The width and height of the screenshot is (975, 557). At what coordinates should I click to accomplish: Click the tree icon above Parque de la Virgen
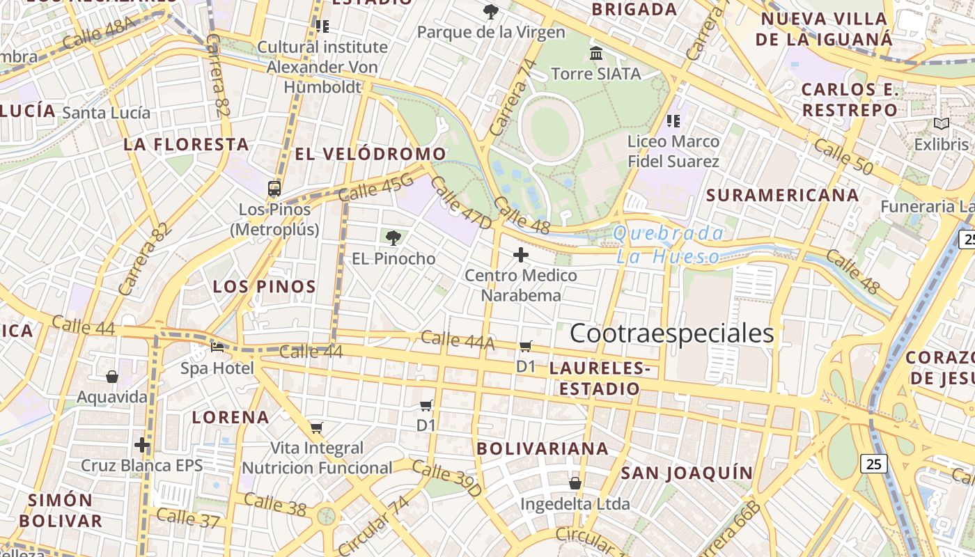(x=491, y=11)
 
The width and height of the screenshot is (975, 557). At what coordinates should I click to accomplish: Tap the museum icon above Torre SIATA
(x=596, y=53)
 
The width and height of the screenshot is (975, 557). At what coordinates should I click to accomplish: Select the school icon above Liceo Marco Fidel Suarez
(x=673, y=121)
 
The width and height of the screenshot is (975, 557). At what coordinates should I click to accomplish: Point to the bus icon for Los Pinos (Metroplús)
(x=274, y=188)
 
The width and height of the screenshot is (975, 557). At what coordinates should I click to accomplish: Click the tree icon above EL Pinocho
(x=393, y=238)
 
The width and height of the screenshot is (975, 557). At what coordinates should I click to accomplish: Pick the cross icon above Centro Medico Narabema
(x=521, y=255)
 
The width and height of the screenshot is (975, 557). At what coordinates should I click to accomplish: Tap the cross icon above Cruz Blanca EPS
(x=142, y=444)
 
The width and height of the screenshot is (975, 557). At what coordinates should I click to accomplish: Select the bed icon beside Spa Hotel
(x=217, y=347)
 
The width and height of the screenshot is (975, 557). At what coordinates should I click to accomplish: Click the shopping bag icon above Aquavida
(x=112, y=377)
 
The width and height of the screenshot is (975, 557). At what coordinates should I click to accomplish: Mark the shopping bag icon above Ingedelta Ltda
(x=575, y=483)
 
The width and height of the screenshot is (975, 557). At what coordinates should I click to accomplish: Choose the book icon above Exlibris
(x=942, y=124)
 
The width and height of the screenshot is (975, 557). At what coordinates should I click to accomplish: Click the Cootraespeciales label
(x=672, y=334)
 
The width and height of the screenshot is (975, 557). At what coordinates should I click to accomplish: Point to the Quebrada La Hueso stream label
(x=669, y=244)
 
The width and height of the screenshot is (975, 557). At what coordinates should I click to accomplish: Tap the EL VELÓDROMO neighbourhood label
(x=370, y=154)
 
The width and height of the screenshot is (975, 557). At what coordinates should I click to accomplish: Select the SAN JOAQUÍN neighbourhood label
(x=687, y=473)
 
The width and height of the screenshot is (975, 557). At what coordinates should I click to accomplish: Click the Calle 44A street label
(x=458, y=340)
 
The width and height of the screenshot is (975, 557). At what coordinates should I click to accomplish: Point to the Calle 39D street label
(x=446, y=478)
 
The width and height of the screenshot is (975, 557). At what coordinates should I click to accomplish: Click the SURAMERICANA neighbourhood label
(x=783, y=195)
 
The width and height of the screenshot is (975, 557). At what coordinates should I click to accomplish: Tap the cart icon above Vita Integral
(x=317, y=427)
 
